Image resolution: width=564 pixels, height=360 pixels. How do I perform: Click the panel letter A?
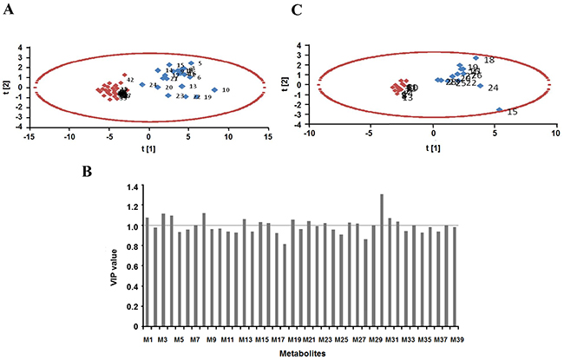(9, 10)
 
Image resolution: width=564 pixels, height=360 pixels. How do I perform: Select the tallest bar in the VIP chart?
(383, 261)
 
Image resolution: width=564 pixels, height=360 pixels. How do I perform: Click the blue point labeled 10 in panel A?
(215, 89)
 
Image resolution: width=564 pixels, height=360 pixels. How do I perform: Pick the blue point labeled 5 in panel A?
(191, 62)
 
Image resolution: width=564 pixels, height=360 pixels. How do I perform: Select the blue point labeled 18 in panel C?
(475, 58)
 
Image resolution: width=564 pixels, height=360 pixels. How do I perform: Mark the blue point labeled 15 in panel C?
(499, 110)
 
